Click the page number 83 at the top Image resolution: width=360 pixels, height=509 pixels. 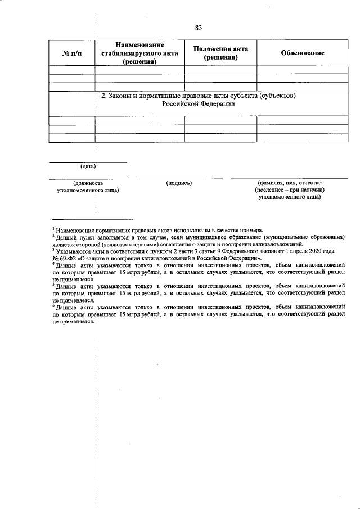click(x=198, y=28)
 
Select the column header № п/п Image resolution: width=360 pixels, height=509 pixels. click(x=71, y=53)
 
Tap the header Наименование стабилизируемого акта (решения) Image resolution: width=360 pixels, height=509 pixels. click(x=140, y=53)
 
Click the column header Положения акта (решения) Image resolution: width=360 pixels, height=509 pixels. click(x=220, y=53)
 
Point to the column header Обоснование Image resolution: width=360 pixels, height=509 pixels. click(x=302, y=53)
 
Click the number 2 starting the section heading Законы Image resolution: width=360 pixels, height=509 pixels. click(x=103, y=96)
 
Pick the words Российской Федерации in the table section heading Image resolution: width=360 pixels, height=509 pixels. click(x=197, y=104)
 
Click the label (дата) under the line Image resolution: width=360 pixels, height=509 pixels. click(x=88, y=166)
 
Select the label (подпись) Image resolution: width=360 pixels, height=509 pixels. click(x=179, y=183)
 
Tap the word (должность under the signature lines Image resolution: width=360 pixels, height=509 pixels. click(x=88, y=183)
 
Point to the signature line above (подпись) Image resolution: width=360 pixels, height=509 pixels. click(x=179, y=179)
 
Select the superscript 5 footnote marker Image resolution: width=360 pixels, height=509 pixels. click(x=53, y=284)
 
